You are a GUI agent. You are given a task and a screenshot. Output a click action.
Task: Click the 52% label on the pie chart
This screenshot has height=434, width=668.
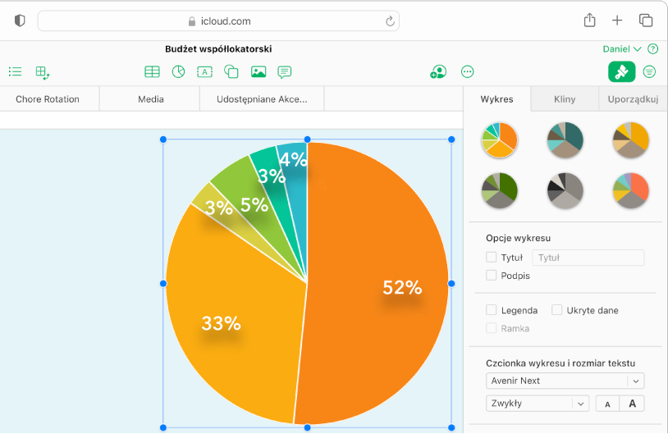click(x=402, y=288)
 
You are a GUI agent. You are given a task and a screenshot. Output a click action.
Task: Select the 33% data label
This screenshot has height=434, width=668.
click(x=221, y=323)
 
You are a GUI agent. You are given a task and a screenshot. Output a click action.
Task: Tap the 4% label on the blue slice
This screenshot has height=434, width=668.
click(x=293, y=160)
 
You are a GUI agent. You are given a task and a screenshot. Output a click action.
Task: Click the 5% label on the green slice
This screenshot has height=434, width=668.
click(x=254, y=205)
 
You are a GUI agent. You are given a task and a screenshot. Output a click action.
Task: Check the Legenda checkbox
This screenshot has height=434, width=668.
click(x=492, y=310)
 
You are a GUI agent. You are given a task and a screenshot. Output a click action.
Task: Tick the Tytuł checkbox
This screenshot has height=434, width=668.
click(x=492, y=257)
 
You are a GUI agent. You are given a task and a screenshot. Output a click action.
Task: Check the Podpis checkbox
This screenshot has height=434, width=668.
click(x=492, y=276)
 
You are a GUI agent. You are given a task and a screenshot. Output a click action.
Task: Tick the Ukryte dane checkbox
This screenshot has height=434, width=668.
click(x=557, y=310)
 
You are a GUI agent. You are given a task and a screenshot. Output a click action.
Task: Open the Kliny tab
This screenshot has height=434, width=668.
click(x=565, y=99)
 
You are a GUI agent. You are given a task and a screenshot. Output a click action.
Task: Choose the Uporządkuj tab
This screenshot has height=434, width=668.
click(x=633, y=99)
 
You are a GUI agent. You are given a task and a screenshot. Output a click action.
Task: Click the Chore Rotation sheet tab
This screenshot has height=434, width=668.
click(x=48, y=99)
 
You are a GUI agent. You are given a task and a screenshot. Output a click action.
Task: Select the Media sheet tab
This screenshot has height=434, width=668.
click(x=151, y=99)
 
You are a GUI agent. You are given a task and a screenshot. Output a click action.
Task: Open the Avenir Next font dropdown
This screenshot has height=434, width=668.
click(x=565, y=381)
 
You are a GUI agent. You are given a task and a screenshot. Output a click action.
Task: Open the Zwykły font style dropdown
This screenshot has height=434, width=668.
click(x=538, y=404)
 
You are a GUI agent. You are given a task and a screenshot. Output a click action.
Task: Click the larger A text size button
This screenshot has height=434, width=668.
click(x=632, y=404)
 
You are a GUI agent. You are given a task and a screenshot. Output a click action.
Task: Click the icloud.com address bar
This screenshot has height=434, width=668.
click(x=218, y=21)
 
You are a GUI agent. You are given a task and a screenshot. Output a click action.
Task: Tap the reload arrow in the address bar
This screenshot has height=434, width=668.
click(x=391, y=21)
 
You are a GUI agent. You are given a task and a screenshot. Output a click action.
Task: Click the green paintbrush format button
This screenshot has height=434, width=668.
click(x=621, y=72)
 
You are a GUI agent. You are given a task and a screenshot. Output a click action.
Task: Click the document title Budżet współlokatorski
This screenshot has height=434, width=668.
click(x=218, y=49)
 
